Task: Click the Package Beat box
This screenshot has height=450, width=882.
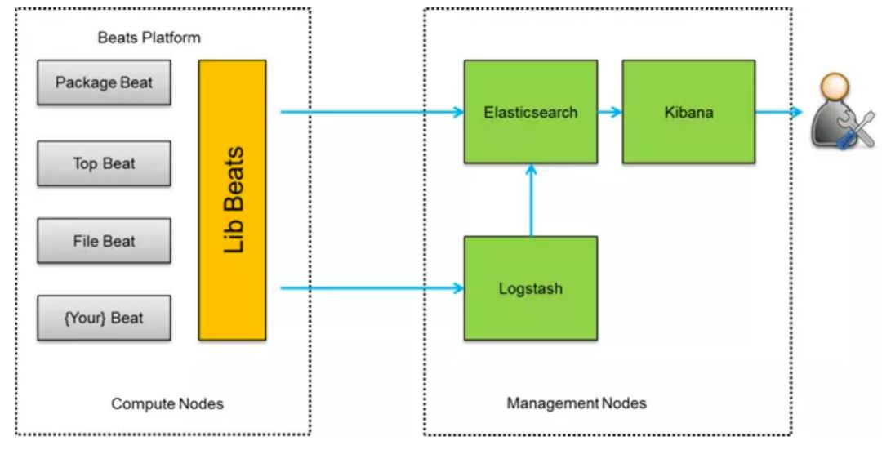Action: coord(104,82)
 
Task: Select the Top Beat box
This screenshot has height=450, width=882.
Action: coord(104,163)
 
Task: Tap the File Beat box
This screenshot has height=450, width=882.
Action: coord(104,241)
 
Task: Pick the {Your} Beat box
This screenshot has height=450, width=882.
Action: coord(104,318)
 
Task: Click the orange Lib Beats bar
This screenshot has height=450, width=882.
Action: coord(232,200)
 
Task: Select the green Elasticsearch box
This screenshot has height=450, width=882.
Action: coord(531,112)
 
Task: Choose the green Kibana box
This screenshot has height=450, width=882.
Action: coord(688,112)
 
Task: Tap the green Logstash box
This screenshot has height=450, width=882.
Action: coord(531,288)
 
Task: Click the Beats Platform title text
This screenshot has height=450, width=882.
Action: coord(149,38)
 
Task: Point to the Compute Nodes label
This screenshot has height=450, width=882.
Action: coord(167,404)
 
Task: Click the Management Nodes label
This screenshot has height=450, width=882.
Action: coord(577,403)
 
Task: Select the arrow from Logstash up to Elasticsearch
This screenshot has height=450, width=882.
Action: coord(531,200)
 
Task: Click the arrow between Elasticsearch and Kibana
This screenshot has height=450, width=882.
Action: coord(610,112)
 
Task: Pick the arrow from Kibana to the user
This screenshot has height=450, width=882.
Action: coord(778,112)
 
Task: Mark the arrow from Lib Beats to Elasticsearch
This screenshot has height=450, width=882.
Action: coord(372,112)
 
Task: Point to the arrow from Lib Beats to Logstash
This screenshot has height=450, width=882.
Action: coord(372,288)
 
